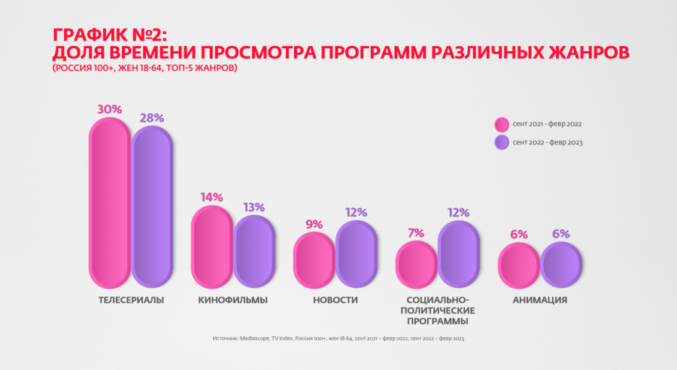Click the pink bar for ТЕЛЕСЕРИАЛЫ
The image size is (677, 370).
(x=110, y=202)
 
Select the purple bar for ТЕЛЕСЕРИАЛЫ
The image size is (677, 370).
(x=152, y=206)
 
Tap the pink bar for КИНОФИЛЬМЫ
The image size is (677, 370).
(x=211, y=247)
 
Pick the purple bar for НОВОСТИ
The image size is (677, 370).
(x=356, y=253)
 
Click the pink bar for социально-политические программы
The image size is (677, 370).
(x=416, y=264)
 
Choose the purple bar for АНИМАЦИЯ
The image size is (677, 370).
(x=561, y=264)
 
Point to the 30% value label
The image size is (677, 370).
(x=109, y=109)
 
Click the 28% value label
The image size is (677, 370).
(x=151, y=117)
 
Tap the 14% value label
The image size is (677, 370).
(x=211, y=197)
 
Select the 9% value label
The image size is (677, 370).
(x=314, y=224)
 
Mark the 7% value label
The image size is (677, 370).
(x=416, y=233)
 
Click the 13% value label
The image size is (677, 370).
(x=253, y=207)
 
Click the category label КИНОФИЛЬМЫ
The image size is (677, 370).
(x=233, y=300)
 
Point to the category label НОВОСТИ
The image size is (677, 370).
(x=335, y=300)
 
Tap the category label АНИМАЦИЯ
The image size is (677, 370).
(x=540, y=300)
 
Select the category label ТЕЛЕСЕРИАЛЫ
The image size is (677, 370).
(x=131, y=300)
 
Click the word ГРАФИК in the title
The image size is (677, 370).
(x=82, y=35)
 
